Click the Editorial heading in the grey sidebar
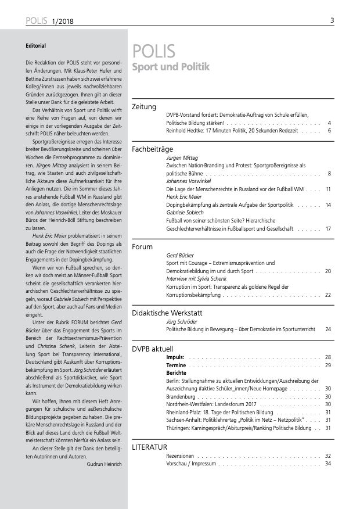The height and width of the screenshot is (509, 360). [35, 45]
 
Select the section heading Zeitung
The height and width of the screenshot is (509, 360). [144, 107]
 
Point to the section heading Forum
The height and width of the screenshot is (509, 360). [142, 247]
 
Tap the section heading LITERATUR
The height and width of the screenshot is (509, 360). [150, 446]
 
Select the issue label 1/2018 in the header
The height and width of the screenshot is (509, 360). [65, 21]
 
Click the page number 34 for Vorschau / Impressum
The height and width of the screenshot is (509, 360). [328, 463]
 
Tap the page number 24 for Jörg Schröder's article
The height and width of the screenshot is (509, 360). [328, 329]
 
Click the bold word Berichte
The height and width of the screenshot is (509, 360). [177, 372]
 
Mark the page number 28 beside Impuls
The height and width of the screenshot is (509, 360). [328, 356]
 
